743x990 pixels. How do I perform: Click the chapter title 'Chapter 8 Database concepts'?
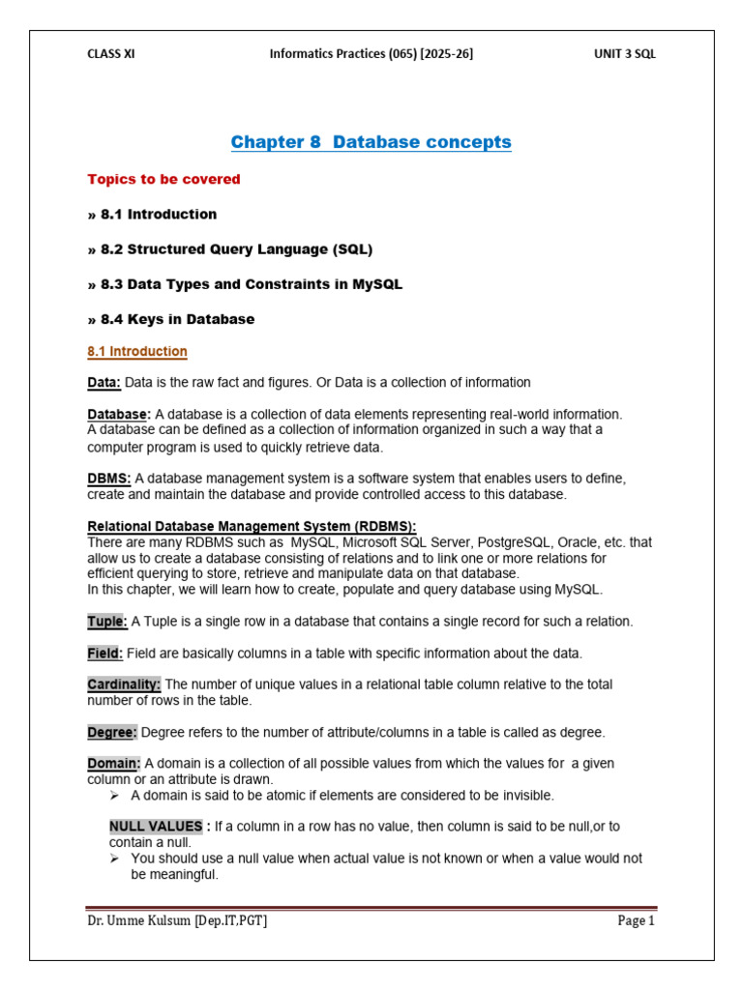coord(371,143)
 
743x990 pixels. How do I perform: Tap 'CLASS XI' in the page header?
coord(111,54)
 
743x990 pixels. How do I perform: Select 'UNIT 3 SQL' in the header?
coord(624,54)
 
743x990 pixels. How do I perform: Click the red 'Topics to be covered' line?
coord(163,180)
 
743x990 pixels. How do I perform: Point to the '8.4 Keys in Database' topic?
coord(170,319)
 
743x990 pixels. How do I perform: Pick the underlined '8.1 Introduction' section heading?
coord(137,352)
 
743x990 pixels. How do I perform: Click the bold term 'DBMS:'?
coord(108,478)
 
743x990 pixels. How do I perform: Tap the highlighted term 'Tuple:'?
coord(107,621)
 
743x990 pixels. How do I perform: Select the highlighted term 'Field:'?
coord(105,653)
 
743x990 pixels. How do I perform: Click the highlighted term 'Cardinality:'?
coord(124,684)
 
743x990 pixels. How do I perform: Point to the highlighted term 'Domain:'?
coord(114,764)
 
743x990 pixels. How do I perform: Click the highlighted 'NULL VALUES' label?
coord(155,827)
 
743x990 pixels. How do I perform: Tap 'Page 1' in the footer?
coord(637,920)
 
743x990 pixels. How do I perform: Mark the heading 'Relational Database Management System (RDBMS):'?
coord(252,526)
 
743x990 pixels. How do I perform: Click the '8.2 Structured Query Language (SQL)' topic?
coord(229,249)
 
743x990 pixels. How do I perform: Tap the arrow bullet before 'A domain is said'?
coord(115,796)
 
